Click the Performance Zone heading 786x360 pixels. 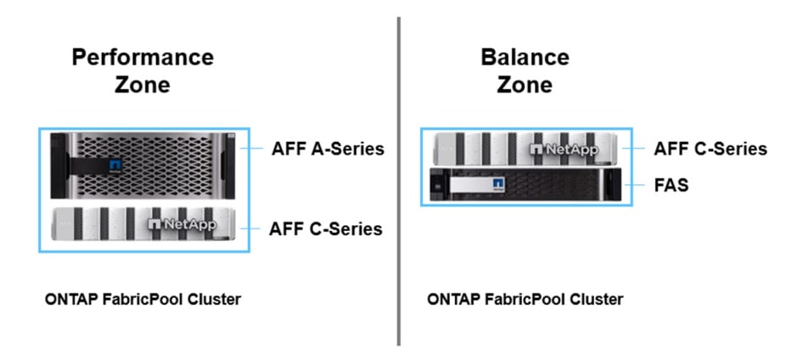click(x=143, y=70)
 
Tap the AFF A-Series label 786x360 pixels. click(x=327, y=149)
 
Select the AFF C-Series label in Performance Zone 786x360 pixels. click(x=325, y=228)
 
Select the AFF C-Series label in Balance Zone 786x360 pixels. click(x=710, y=149)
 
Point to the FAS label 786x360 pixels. click(x=671, y=184)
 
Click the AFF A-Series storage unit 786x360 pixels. click(x=143, y=166)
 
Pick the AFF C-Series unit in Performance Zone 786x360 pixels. click(x=143, y=225)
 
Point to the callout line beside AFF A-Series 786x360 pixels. click(x=252, y=149)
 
